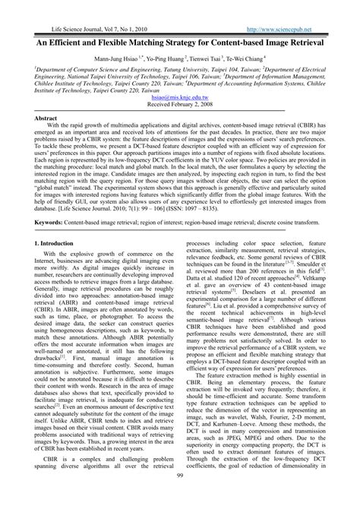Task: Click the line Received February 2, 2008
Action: (x=179, y=107)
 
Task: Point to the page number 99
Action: (x=180, y=497)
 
